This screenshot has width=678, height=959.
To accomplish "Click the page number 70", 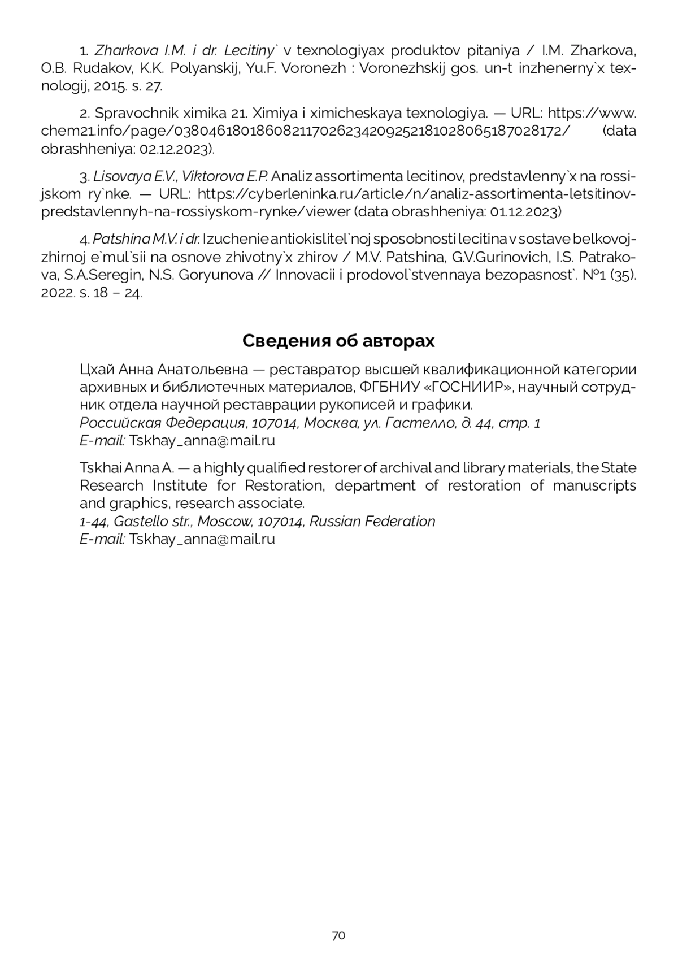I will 338,935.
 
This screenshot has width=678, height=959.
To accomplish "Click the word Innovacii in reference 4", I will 307,275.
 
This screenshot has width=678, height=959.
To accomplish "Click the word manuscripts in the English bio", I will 594,485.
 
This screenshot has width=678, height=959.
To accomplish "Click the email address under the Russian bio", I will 202,441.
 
